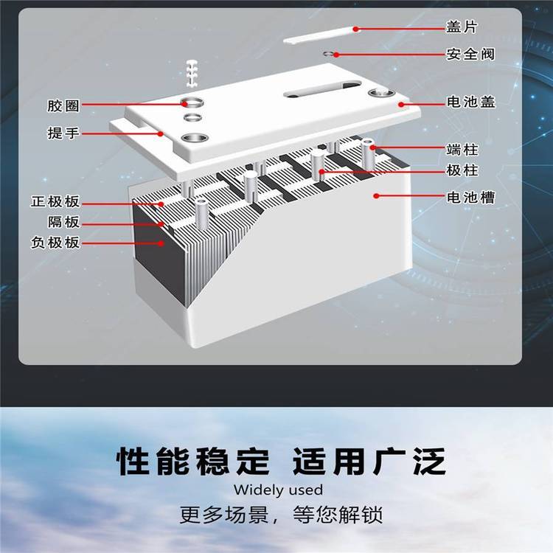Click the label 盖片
[462, 27]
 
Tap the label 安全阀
[470, 55]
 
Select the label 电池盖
[471, 102]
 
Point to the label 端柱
[462, 150]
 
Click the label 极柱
[462, 170]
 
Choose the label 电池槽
[471, 197]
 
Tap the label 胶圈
[63, 105]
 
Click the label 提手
[63, 133]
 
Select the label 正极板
[55, 202]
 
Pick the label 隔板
[64, 222]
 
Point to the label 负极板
[55, 243]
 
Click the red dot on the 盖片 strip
[356, 29]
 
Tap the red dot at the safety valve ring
[337, 55]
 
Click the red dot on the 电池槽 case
[377, 195]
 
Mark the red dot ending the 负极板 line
[161, 243]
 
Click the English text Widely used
[278, 490]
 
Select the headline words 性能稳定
[193, 461]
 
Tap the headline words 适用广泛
[369, 461]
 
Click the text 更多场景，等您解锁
[281, 515]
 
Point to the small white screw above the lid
[192, 74]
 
